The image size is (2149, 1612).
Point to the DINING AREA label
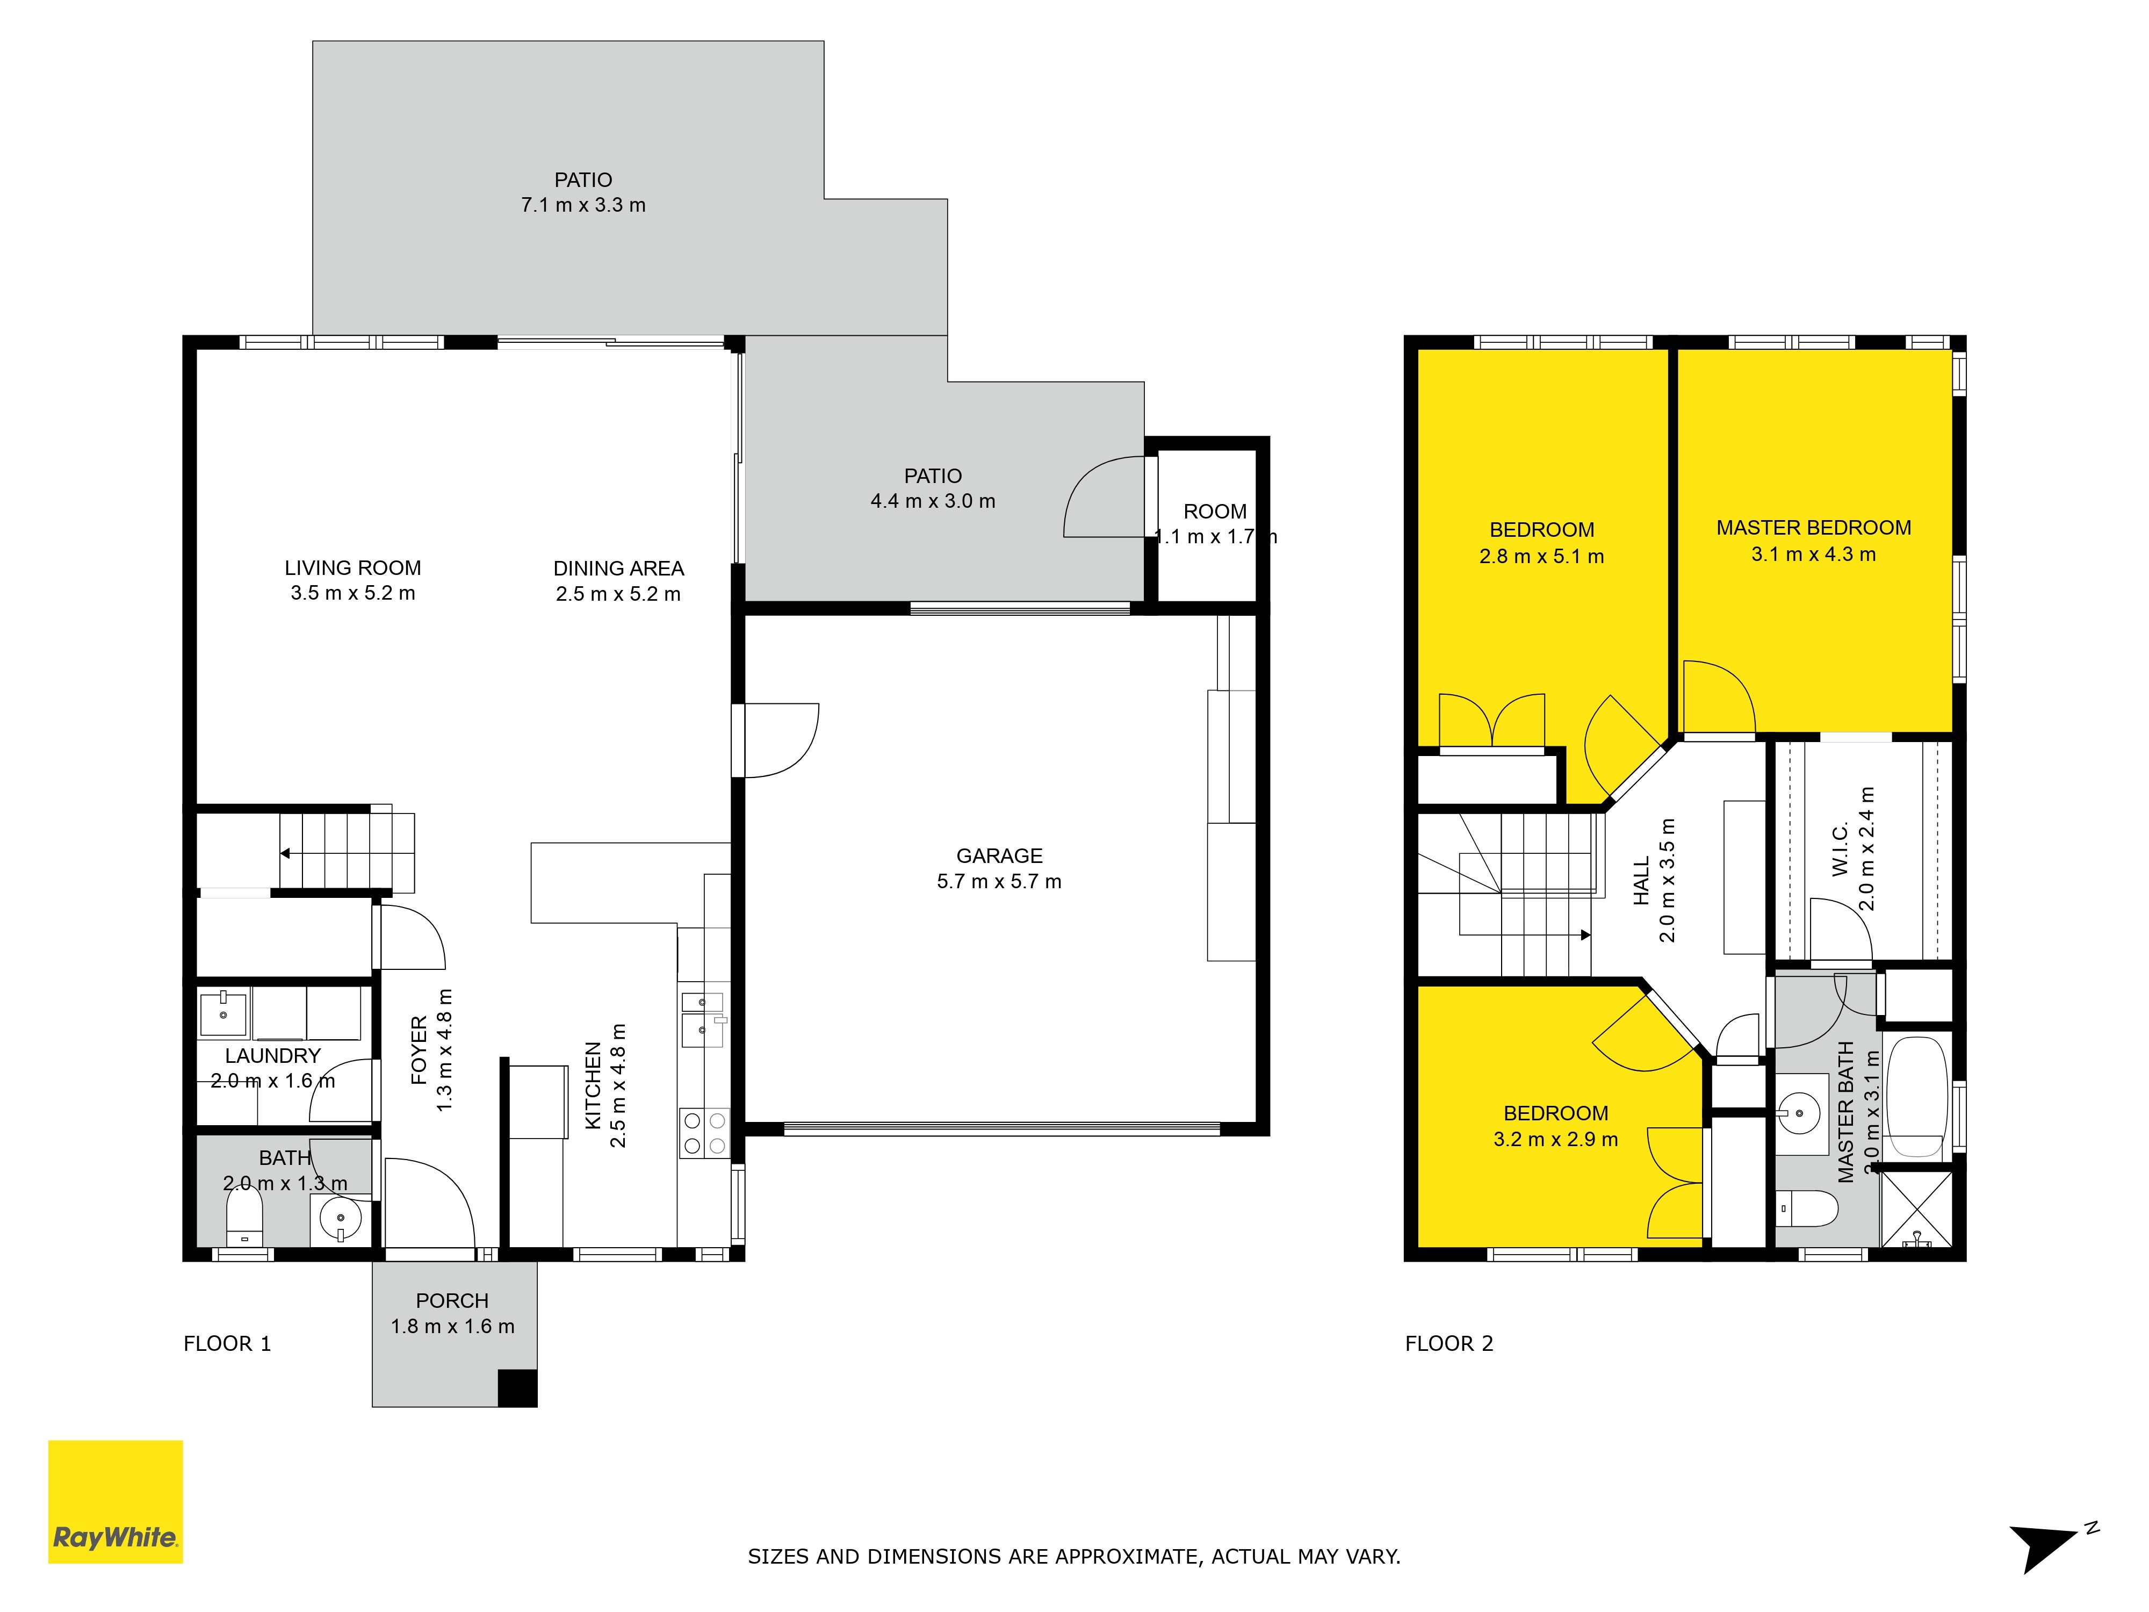click(619, 568)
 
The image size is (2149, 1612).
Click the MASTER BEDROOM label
click(1814, 528)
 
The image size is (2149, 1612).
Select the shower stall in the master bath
click(1916, 1209)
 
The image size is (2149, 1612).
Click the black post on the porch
click(518, 1387)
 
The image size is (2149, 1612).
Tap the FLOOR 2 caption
click(1448, 1344)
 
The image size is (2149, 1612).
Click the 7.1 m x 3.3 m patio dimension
click(583, 205)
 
